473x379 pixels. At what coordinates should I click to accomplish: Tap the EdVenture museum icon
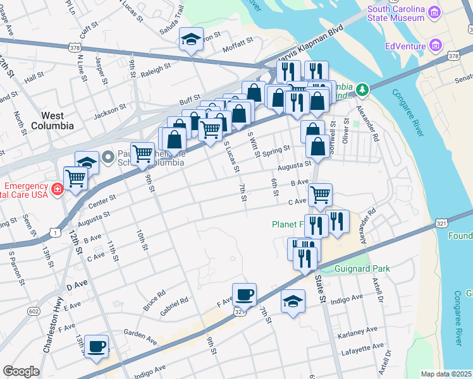[435, 45]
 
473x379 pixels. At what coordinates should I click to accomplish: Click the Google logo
[20, 371]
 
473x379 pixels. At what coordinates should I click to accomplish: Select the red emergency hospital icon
[58, 188]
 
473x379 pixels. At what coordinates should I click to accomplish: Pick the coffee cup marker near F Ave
[244, 294]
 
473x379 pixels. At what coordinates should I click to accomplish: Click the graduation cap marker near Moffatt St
[191, 39]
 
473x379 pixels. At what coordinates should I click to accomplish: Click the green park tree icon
[361, 89]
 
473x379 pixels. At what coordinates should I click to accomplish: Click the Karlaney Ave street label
[357, 330]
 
